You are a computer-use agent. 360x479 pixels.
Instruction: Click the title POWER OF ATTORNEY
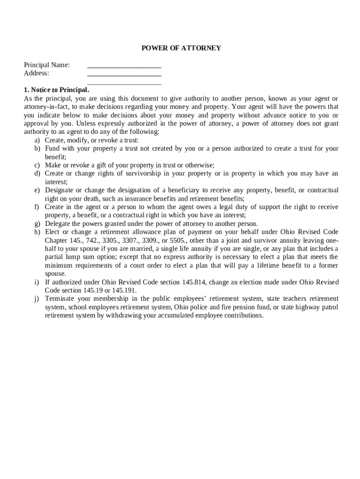tap(181, 48)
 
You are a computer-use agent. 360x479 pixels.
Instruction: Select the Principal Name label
tap(47, 65)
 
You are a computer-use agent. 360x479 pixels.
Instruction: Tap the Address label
tap(36, 73)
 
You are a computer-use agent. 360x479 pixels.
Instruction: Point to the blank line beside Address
tap(124, 75)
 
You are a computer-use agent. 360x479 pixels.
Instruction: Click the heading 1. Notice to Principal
tap(56, 90)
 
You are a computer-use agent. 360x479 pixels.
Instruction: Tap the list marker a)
tap(37, 140)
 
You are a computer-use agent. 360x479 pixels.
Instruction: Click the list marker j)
tap(37, 299)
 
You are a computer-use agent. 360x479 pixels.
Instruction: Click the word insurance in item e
tap(140, 198)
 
